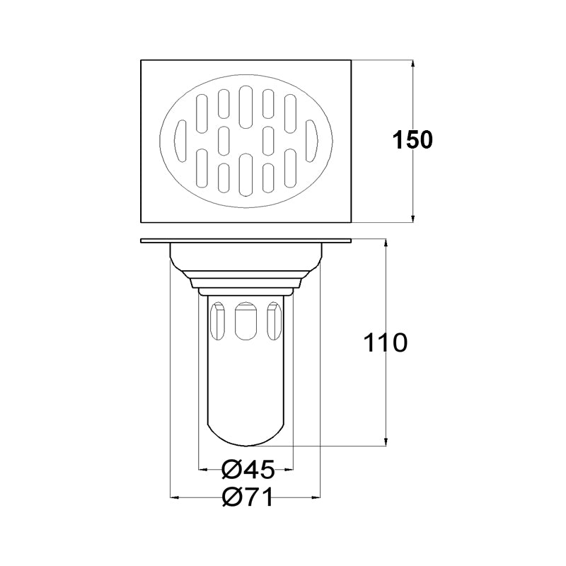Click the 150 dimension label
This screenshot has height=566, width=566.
pyautogui.click(x=412, y=140)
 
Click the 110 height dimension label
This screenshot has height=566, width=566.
pyautogui.click(x=386, y=342)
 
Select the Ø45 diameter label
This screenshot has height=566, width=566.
pyautogui.click(x=248, y=469)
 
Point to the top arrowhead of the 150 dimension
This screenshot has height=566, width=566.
pyautogui.click(x=413, y=64)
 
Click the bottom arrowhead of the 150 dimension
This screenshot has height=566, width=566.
pyautogui.click(x=413, y=218)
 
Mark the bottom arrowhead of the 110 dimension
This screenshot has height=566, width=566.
pyautogui.click(x=386, y=441)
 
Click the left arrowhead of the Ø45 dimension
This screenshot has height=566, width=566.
pyautogui.click(x=204, y=469)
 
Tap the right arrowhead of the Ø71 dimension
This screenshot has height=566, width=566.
pyautogui.click(x=316, y=498)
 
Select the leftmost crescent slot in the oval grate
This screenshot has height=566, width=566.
pyautogui.click(x=180, y=141)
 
